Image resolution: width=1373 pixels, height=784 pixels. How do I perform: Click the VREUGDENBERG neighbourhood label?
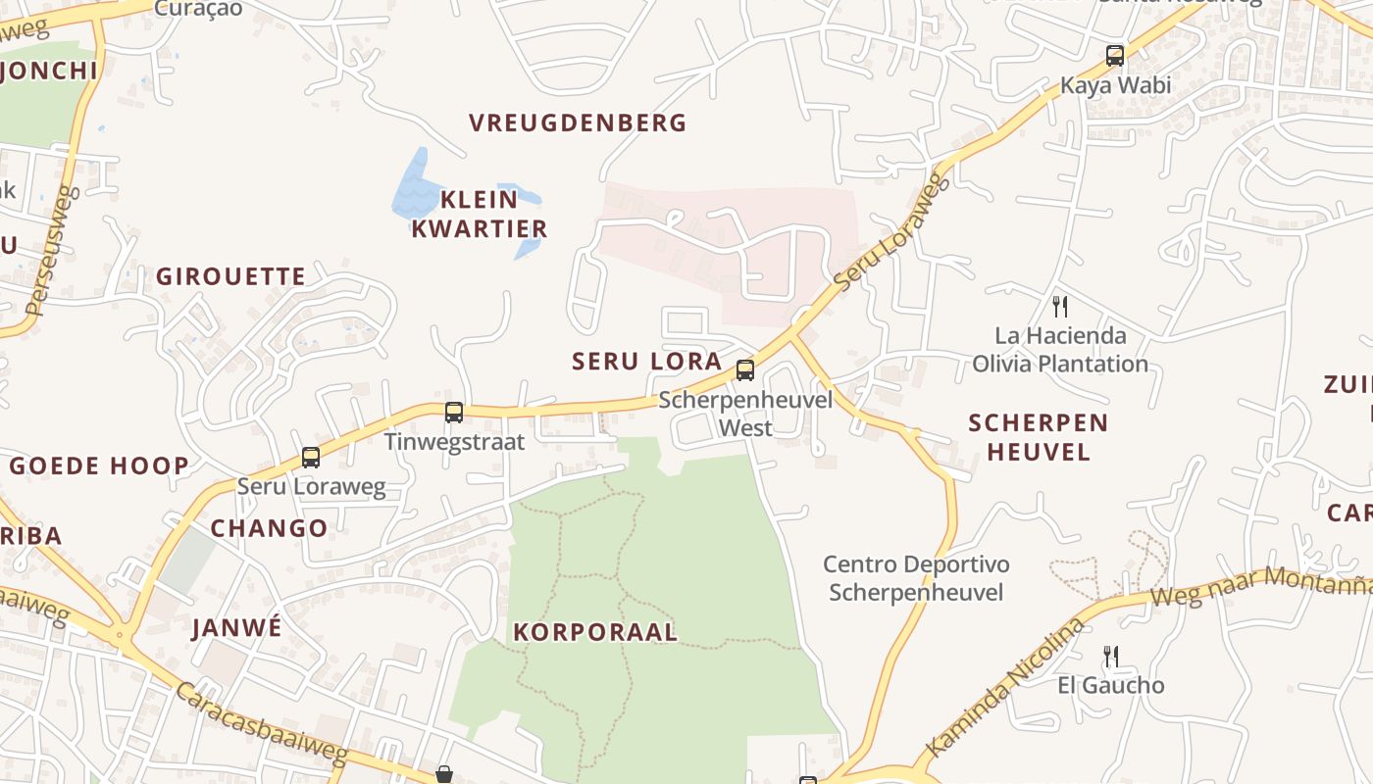[x=578, y=123]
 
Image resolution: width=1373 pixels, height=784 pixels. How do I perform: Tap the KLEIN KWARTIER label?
[x=479, y=215]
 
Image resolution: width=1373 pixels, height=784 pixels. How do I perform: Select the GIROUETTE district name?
[x=231, y=276]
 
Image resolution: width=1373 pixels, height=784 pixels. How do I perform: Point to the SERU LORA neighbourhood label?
[x=647, y=361]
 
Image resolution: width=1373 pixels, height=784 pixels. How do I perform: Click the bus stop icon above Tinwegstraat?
[x=453, y=413]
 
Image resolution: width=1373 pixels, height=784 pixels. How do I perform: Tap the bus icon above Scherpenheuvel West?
[x=745, y=370]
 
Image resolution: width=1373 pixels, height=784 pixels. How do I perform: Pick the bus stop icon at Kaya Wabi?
[x=1115, y=56]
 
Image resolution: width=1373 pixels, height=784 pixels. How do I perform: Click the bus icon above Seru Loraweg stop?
[x=311, y=458]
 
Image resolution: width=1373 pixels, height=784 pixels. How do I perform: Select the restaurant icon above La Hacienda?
[x=1059, y=307]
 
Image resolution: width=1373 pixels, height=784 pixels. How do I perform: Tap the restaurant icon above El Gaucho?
[x=1110, y=656]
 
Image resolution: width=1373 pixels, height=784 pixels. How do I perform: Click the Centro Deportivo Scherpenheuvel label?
[x=916, y=578]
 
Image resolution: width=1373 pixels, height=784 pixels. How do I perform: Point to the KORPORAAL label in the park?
[x=595, y=632]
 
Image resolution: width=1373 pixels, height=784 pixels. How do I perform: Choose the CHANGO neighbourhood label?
[x=269, y=528]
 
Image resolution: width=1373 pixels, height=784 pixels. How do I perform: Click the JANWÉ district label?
[x=236, y=627]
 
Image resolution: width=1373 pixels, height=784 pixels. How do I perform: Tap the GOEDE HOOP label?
[x=99, y=465]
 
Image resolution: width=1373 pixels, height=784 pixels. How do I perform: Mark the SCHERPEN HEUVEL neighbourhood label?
[x=1038, y=437]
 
